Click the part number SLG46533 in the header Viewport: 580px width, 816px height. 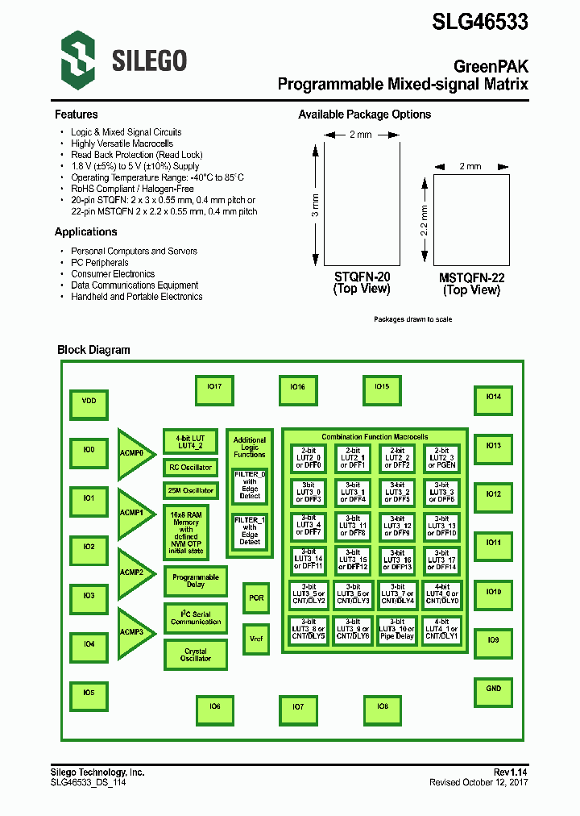480,22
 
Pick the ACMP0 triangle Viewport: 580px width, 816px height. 133,453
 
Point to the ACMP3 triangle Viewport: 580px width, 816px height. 133,632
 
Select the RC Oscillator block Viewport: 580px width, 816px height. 191,468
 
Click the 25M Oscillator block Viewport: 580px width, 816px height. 191,490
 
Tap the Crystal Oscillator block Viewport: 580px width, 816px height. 195,655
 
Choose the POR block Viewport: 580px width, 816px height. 256,598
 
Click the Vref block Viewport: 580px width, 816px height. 256,638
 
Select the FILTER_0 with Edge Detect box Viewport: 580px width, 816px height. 250,485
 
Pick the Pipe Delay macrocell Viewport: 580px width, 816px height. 397,631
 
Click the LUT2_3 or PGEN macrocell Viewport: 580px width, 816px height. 441,459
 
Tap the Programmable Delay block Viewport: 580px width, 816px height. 195,581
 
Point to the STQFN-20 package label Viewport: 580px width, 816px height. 362,277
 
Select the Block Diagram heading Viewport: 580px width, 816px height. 93,350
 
